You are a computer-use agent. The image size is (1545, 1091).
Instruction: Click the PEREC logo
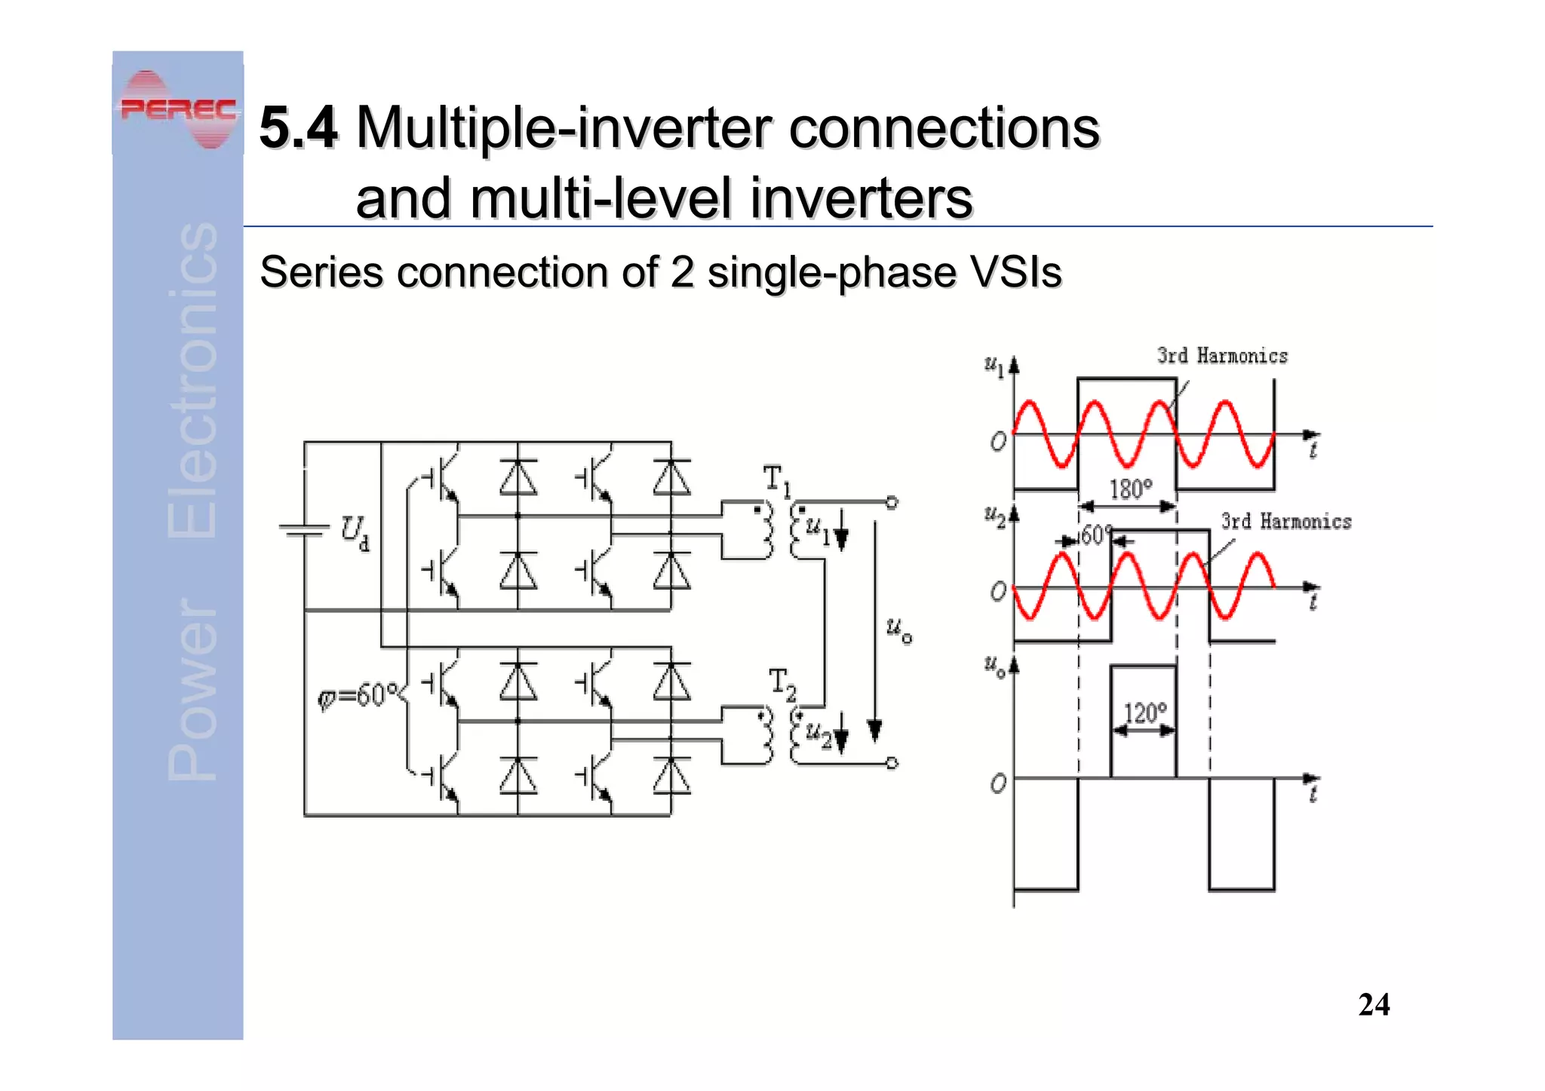click(x=178, y=110)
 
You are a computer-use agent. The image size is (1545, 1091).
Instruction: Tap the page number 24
click(x=1373, y=1005)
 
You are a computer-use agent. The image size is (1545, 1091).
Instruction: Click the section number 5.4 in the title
click(x=298, y=128)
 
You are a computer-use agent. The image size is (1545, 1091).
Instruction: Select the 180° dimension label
click(x=1130, y=489)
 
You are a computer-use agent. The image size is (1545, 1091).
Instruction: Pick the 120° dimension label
click(x=1144, y=713)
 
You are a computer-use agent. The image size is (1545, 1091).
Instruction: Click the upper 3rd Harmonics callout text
click(x=1222, y=356)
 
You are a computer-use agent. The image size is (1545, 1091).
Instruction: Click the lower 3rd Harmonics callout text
click(x=1286, y=522)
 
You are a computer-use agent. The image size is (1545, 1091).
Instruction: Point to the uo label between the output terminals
click(x=898, y=629)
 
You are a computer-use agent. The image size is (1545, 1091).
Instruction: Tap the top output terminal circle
click(x=892, y=502)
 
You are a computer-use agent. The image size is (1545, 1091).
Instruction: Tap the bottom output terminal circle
click(x=892, y=763)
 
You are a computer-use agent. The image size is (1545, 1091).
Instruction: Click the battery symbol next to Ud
click(x=304, y=530)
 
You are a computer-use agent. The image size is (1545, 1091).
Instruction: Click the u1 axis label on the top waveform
click(x=995, y=366)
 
